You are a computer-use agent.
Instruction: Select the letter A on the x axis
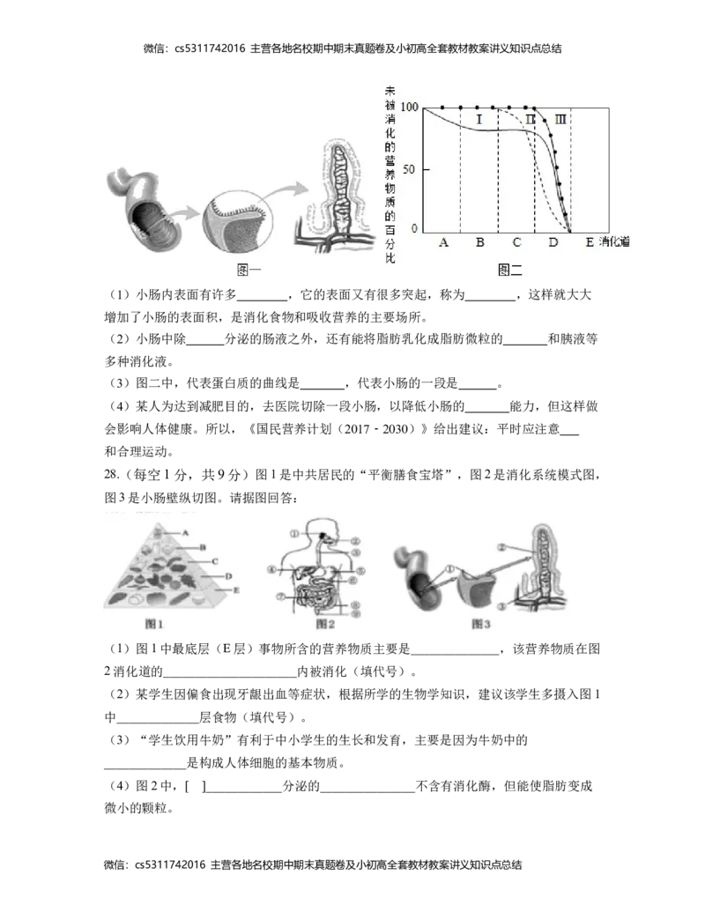443,242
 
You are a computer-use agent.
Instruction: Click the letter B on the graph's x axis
479,242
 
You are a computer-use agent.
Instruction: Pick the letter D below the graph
553,242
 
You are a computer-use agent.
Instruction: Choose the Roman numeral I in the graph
479,119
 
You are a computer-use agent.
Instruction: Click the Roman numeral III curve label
560,119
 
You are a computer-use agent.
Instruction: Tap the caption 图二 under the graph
510,270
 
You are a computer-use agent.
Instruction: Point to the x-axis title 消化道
615,242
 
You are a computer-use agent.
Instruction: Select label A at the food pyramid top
186,532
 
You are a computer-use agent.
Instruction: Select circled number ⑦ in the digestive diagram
280,596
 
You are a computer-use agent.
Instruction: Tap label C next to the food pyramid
214,561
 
